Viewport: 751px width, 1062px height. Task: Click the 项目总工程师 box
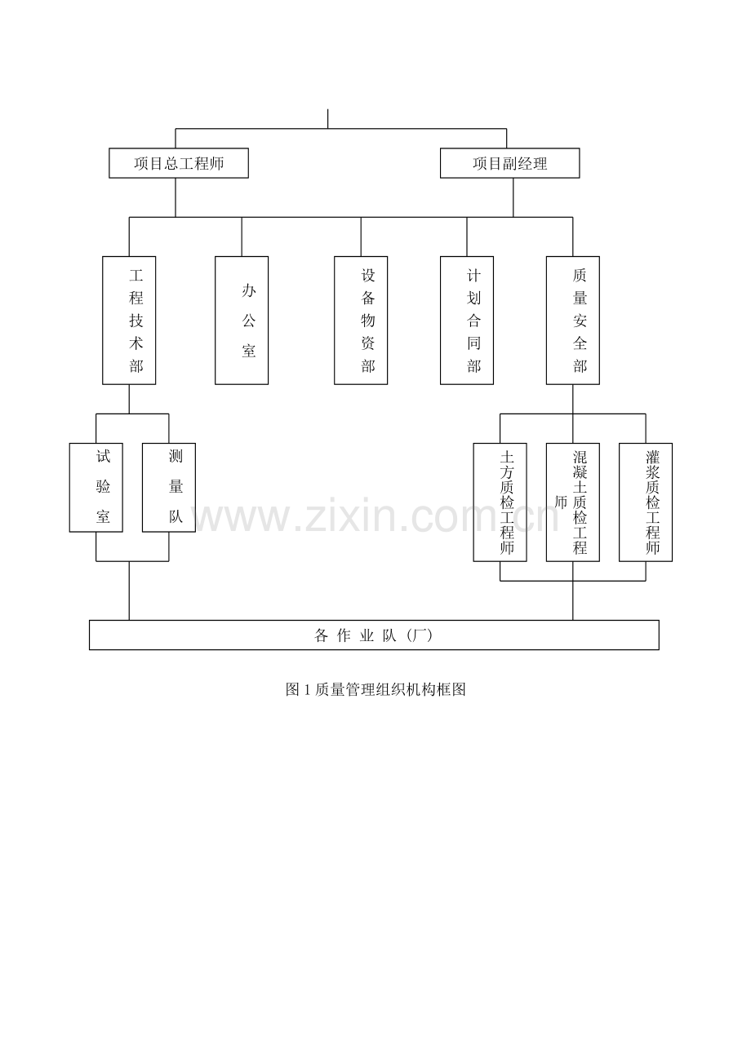179,163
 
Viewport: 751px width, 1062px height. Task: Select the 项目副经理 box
509,163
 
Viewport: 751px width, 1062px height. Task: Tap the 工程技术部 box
129,321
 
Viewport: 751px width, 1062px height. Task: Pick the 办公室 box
242,321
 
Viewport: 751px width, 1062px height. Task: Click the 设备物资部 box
361,321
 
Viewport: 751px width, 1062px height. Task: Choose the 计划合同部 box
467,321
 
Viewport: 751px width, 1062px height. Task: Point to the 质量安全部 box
572,321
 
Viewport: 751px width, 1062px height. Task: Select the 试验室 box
96,488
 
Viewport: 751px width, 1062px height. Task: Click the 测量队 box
169,488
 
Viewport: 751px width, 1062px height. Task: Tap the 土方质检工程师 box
500,502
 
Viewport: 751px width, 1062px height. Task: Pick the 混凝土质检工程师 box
572,502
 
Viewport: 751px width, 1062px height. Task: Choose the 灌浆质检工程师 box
646,502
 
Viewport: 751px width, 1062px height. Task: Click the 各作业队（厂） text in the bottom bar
374,635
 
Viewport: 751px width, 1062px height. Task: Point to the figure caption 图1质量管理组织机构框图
375,689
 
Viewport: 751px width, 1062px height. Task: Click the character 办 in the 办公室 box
249,290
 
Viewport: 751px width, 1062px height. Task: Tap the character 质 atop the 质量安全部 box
580,275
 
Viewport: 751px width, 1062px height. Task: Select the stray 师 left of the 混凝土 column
561,502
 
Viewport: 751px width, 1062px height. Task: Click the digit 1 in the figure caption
306,690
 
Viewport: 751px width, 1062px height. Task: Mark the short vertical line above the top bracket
327,118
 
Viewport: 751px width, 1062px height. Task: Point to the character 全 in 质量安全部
580,343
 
